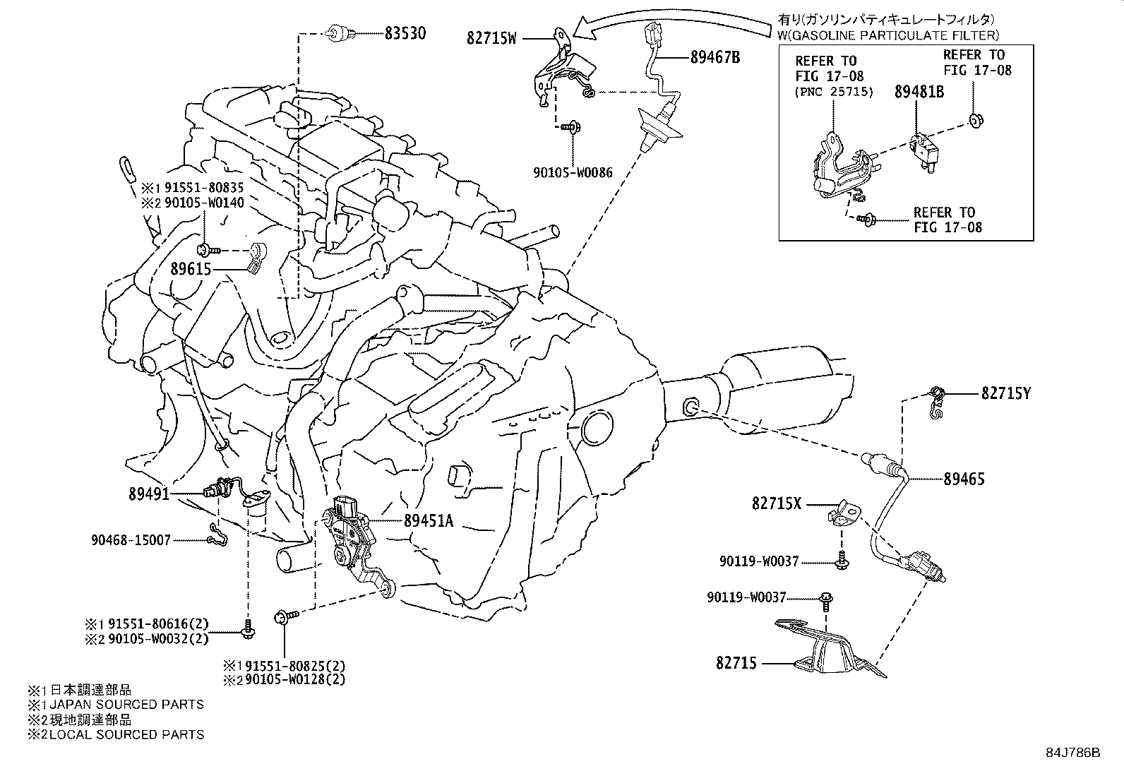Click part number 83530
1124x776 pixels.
pos(405,32)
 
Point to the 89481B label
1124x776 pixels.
pos(919,91)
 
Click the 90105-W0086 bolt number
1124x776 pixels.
pos(572,172)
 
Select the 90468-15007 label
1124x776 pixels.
pos(131,540)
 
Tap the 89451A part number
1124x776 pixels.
pos(429,521)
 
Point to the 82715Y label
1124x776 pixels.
pos(1005,394)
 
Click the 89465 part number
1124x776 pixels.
pos(964,479)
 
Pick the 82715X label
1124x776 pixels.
pos(777,503)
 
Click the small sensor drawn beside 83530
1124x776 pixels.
pos(337,32)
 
